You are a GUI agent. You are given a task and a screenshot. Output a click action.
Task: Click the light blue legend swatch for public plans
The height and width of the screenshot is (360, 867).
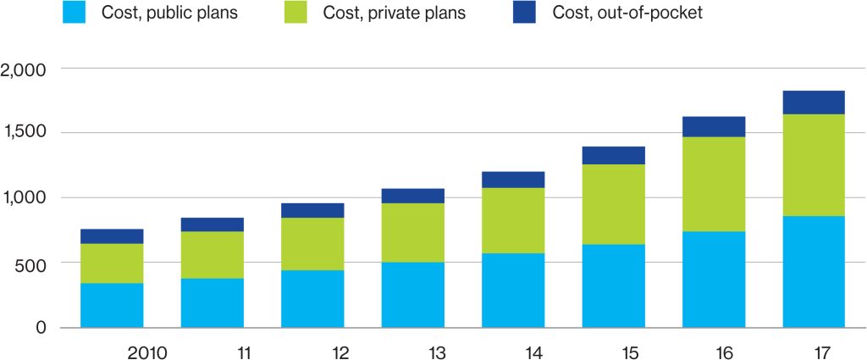click(x=75, y=13)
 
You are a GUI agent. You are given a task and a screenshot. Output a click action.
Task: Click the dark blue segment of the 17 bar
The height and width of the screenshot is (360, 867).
click(x=814, y=102)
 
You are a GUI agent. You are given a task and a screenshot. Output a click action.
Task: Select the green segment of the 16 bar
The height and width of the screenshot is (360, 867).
click(x=714, y=184)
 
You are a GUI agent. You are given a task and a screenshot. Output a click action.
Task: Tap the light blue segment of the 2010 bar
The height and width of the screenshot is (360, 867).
click(x=112, y=305)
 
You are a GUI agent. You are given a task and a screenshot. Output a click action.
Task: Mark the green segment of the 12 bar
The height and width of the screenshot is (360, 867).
click(x=312, y=244)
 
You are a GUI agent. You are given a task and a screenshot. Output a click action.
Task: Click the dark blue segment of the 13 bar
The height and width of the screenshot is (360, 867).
click(x=412, y=196)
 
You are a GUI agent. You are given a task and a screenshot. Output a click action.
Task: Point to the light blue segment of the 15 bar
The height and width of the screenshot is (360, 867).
click(x=613, y=285)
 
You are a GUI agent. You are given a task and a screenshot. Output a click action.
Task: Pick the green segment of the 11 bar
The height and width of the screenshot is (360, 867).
click(x=212, y=255)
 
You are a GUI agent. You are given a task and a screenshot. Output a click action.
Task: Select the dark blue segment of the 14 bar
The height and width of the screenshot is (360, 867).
click(x=513, y=180)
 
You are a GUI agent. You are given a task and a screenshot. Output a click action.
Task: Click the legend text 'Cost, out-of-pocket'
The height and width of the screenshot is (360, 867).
click(x=627, y=13)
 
